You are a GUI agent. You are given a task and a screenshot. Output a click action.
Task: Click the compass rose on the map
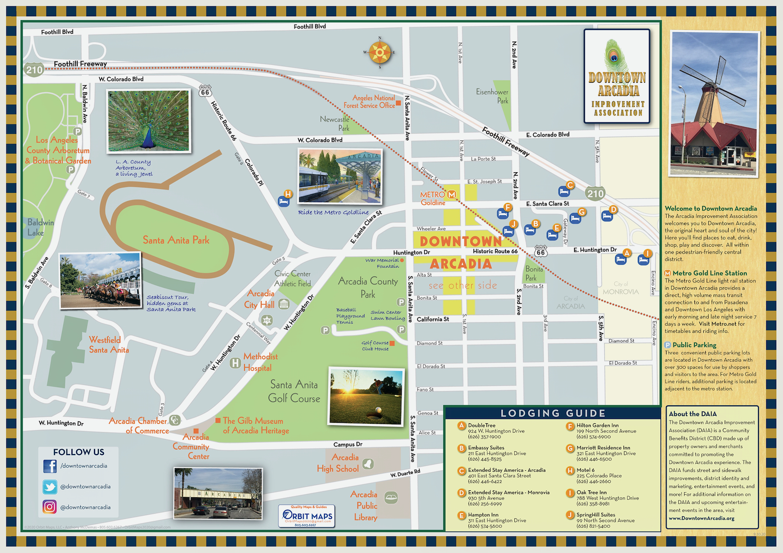click(380, 52)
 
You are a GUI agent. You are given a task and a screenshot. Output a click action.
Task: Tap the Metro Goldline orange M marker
click(452, 195)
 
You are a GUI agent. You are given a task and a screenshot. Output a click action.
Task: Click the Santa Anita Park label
click(176, 240)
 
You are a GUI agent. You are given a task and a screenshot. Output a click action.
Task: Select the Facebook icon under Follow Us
click(50, 466)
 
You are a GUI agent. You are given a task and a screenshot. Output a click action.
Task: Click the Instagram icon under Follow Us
click(50, 507)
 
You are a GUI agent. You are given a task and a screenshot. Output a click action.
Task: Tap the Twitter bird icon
click(50, 486)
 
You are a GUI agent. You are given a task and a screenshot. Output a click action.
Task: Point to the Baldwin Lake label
click(40, 228)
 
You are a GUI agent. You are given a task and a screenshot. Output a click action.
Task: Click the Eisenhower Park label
click(492, 96)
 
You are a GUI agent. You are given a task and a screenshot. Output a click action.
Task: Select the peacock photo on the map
click(148, 121)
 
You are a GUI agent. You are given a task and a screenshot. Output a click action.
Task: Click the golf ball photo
click(367, 395)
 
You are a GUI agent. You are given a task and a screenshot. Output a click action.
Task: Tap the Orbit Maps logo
click(307, 516)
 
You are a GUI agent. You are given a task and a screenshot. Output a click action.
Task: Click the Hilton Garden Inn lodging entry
click(597, 431)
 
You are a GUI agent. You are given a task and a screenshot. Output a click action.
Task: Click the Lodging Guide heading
click(553, 413)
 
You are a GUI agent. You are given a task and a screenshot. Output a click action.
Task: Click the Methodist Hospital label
click(260, 362)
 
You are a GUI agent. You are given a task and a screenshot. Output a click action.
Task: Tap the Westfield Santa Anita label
click(109, 345)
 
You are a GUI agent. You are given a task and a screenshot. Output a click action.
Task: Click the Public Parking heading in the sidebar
click(694, 345)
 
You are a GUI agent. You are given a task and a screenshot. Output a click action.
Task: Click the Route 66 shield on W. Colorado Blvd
click(205, 92)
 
